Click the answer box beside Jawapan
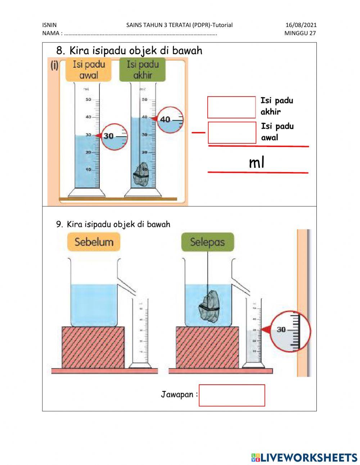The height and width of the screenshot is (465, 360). [x=232, y=395]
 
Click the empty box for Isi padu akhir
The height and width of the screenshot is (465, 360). [x=231, y=107]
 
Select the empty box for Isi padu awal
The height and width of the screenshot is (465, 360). [x=232, y=133]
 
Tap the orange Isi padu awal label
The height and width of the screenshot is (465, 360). [x=89, y=70]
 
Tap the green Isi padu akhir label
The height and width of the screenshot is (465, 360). [x=143, y=70]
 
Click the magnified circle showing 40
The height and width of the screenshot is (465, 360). [x=170, y=120]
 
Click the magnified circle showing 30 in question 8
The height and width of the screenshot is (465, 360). [x=114, y=137]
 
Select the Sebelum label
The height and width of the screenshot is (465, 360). [x=94, y=242]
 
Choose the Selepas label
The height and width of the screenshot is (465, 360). [x=207, y=242]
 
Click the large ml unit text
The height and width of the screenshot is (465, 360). [x=257, y=162]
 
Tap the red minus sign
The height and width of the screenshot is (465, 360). [x=198, y=132]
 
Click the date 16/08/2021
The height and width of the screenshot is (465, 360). [x=301, y=25]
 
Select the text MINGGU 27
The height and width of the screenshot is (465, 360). [x=300, y=33]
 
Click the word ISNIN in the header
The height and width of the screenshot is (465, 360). [x=49, y=25]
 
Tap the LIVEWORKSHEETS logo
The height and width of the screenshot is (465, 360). [x=304, y=457]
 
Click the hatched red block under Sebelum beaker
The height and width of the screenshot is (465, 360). [x=93, y=347]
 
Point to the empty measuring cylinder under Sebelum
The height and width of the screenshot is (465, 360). [x=140, y=331]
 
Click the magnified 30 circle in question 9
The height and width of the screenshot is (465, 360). [x=290, y=331]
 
